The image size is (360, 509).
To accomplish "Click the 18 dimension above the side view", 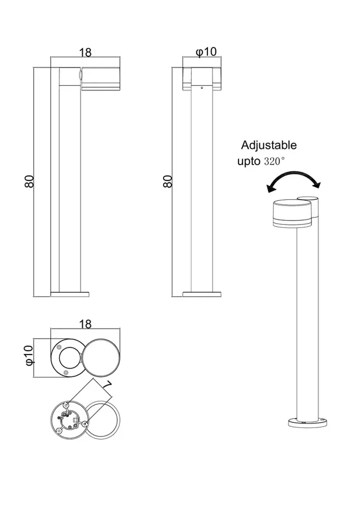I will click(x=85, y=53).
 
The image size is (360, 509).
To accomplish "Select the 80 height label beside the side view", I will click(x=30, y=181).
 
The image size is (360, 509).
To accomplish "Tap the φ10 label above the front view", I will click(x=206, y=52).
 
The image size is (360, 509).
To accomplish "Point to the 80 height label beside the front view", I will click(x=168, y=181).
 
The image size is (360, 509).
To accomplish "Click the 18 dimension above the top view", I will click(x=85, y=324).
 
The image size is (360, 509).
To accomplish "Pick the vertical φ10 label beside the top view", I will click(x=29, y=355).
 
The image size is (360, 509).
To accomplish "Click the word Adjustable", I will click(x=269, y=145).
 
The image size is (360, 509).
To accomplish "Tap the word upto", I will click(x=248, y=161).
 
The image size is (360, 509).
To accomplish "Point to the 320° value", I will click(x=274, y=161).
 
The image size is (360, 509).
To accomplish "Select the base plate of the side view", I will click(x=70, y=294).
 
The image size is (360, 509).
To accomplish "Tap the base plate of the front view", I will click(x=202, y=294).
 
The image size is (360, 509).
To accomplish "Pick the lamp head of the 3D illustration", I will click(x=292, y=213).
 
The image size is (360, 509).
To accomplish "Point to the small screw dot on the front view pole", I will click(x=202, y=87).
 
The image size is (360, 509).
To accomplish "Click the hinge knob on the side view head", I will click(x=81, y=76).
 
